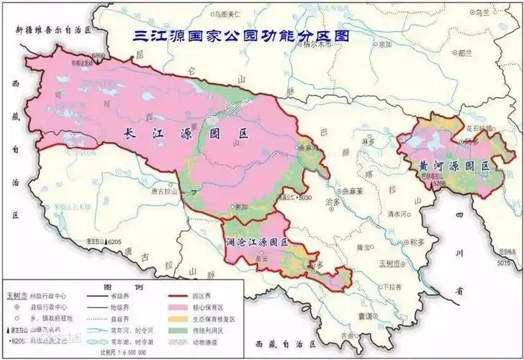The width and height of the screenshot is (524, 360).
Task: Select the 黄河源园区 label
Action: (x=454, y=166)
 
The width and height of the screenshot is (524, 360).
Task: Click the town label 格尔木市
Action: (x=318, y=43)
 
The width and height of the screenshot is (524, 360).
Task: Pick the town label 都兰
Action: (x=465, y=53)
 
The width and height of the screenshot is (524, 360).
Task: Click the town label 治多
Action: (x=332, y=202)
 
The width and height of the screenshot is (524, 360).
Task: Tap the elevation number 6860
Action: (x=98, y=55)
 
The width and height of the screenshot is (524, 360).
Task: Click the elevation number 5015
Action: (x=504, y=263)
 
